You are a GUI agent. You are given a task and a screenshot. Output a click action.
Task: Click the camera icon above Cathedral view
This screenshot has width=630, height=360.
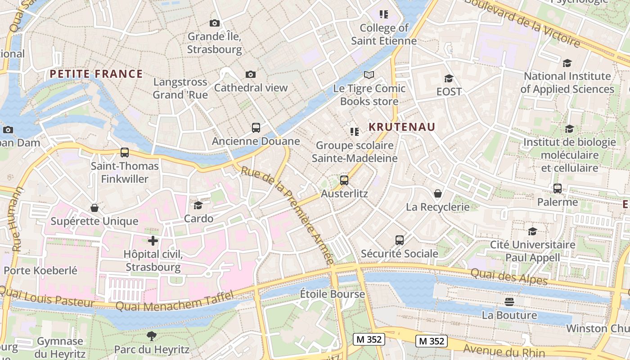pos(251,74)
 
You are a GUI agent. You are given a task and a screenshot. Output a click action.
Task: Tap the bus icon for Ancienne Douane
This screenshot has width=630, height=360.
pos(256,128)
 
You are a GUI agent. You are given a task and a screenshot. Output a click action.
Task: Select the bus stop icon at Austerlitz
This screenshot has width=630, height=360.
pos(344,180)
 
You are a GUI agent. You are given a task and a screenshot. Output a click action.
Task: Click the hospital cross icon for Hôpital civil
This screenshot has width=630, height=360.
pos(153,241)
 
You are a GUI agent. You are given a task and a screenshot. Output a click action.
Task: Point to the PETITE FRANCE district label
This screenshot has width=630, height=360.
pos(96,74)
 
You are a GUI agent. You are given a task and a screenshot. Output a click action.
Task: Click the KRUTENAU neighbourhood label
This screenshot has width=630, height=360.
pos(402,127)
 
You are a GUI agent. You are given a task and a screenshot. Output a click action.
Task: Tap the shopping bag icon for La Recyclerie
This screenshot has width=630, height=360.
pos(437,193)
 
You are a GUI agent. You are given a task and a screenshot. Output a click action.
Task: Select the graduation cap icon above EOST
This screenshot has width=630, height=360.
pos(449,78)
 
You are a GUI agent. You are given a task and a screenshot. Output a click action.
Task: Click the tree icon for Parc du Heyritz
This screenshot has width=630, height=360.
pos(151,336)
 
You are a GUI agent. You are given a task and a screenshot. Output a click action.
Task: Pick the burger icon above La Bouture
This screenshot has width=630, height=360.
pos(509,301)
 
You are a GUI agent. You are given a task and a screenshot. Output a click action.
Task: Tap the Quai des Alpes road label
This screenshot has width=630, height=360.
pos(509,276)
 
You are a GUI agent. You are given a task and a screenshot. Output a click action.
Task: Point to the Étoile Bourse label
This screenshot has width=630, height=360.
pos(333,294)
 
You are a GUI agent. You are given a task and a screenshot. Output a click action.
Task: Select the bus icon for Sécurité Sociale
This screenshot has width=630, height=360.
pos(400,240)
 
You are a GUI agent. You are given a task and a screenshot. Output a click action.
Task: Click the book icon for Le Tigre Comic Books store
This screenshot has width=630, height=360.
pos(369,75)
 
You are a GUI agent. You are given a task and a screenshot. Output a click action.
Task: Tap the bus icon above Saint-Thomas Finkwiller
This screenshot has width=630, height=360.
pos(125,153)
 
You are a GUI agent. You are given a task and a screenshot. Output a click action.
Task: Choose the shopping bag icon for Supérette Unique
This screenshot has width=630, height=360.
pos(94,208)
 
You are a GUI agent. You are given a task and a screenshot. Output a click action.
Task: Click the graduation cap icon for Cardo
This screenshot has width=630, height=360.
pos(198,205)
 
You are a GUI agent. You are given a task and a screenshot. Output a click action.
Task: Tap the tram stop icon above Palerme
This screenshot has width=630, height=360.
pos(558,189)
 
